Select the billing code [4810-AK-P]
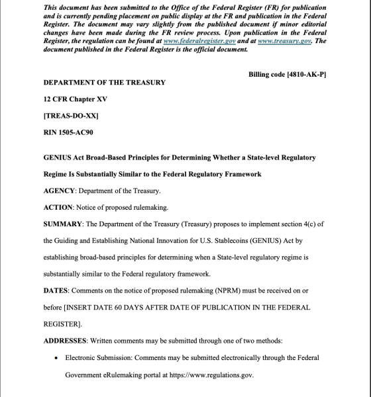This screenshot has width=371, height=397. coord(288,75)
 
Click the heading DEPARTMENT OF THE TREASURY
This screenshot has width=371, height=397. coord(104,83)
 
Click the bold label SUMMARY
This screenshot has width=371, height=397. coord(63,224)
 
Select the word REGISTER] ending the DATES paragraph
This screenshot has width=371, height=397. coord(62,324)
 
